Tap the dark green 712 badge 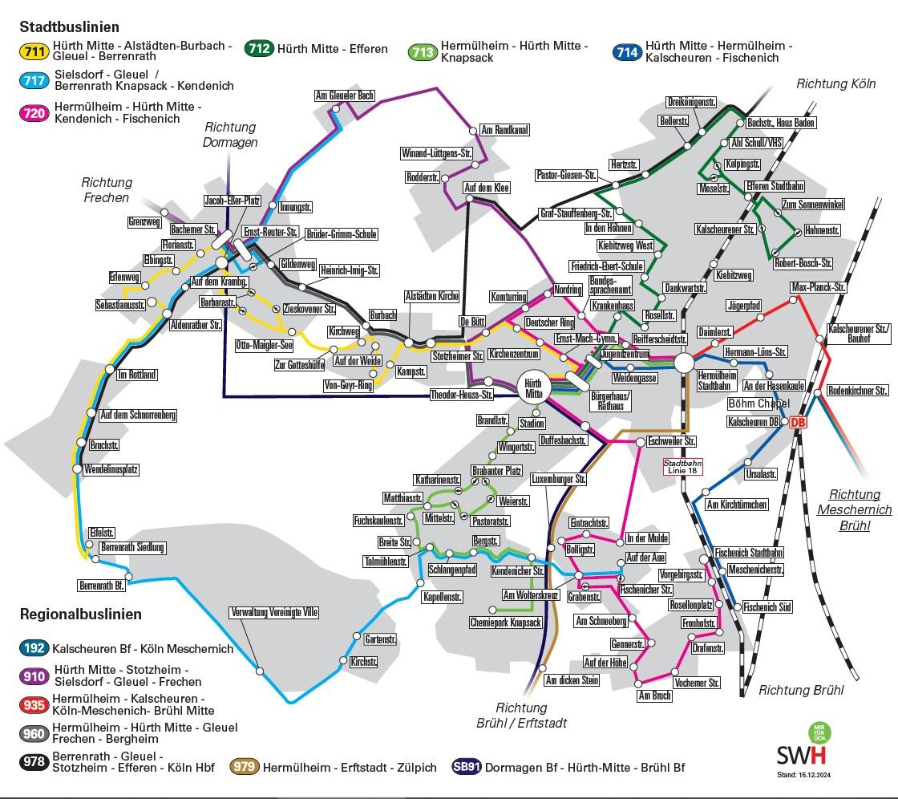pos(259,49)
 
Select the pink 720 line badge pos(35,113)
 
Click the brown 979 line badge pos(245,767)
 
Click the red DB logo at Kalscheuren pos(797,423)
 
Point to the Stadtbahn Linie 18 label pos(683,466)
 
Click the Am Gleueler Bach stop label pos(345,96)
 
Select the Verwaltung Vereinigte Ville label pos(275,612)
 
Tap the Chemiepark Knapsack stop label pos(505,623)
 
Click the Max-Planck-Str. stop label pos(818,286)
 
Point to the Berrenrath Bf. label pos(103,584)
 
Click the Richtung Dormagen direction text pos(230,135)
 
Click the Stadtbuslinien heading pos(70,28)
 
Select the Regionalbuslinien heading pos(80,614)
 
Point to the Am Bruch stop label pos(654,696)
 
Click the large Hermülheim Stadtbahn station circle pos(684,363)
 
